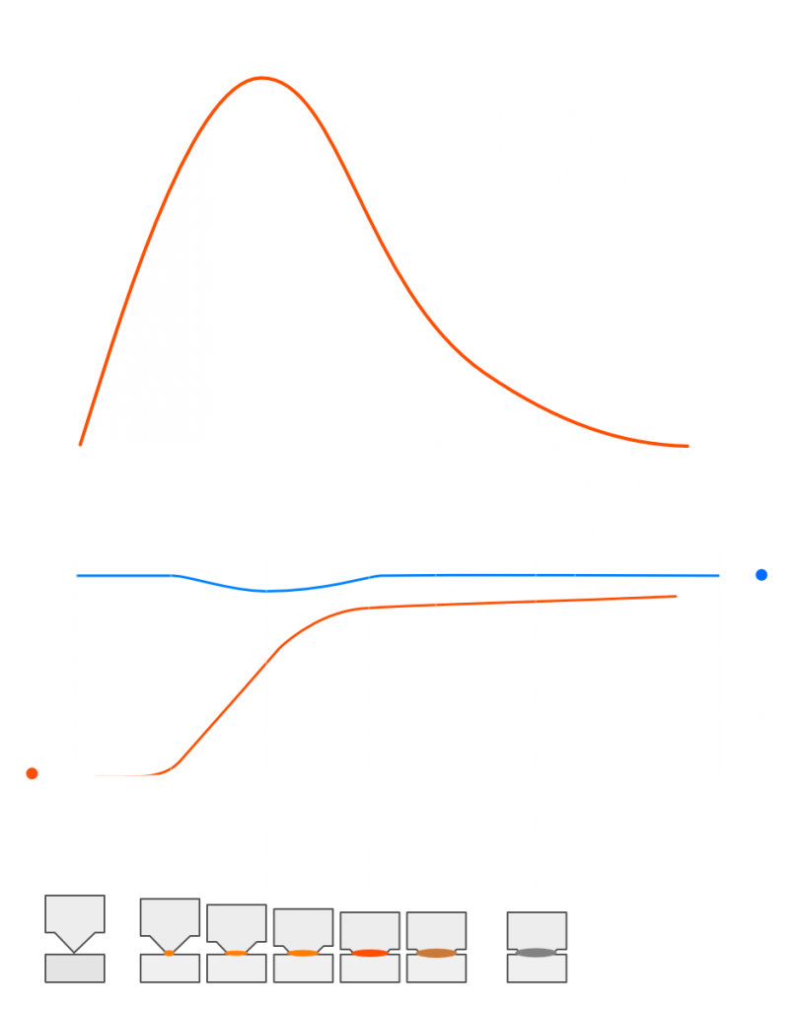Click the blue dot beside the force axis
[761, 575]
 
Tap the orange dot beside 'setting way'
[33, 774]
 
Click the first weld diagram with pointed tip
[75, 938]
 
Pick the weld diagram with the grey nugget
[537, 946]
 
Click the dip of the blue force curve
[266, 591]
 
